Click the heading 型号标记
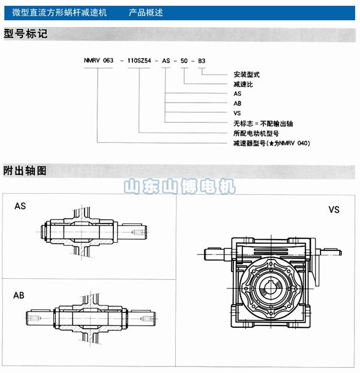(25, 34)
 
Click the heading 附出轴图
(25, 171)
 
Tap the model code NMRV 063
(98, 61)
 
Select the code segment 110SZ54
(139, 61)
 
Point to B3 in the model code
(202, 61)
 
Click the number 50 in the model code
(184, 61)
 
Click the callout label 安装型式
(247, 74)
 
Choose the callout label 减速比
(243, 84)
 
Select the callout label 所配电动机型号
(256, 133)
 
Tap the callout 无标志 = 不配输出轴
(263, 124)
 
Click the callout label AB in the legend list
(238, 103)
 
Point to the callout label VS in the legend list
(237, 113)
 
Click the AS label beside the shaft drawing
(20, 206)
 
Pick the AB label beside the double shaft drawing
(19, 296)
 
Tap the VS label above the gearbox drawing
(334, 210)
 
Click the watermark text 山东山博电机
(179, 186)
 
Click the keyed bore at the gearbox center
(270, 288)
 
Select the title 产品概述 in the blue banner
(146, 13)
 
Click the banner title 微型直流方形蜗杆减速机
(59, 13)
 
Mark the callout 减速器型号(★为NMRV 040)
(272, 143)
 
